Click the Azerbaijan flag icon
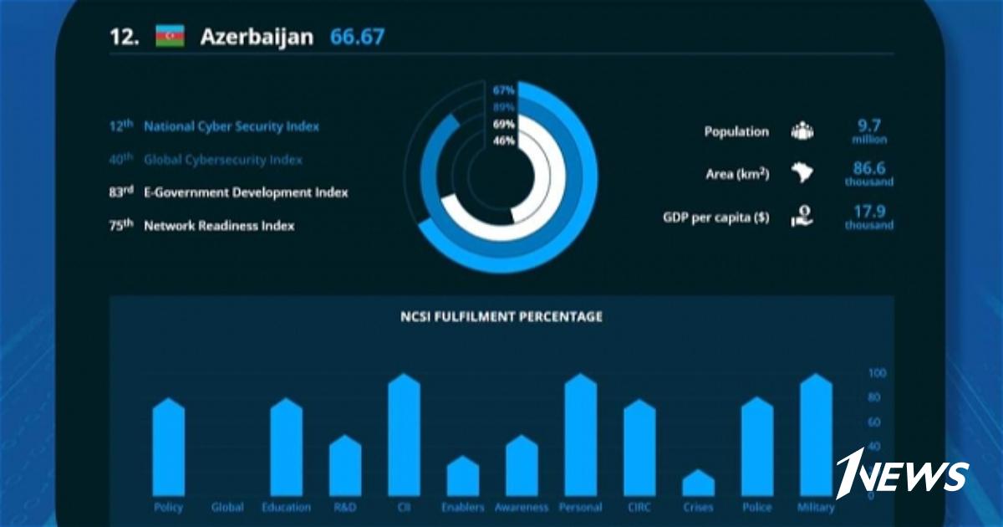(x=170, y=37)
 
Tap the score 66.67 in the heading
(x=357, y=37)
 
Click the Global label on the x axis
(x=227, y=507)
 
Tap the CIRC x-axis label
(x=639, y=507)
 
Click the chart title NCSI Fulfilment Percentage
(x=501, y=317)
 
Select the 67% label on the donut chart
(x=503, y=90)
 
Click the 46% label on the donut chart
(x=504, y=141)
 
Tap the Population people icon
(x=802, y=131)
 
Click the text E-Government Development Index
(x=246, y=192)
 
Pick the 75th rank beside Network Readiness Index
(x=121, y=225)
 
